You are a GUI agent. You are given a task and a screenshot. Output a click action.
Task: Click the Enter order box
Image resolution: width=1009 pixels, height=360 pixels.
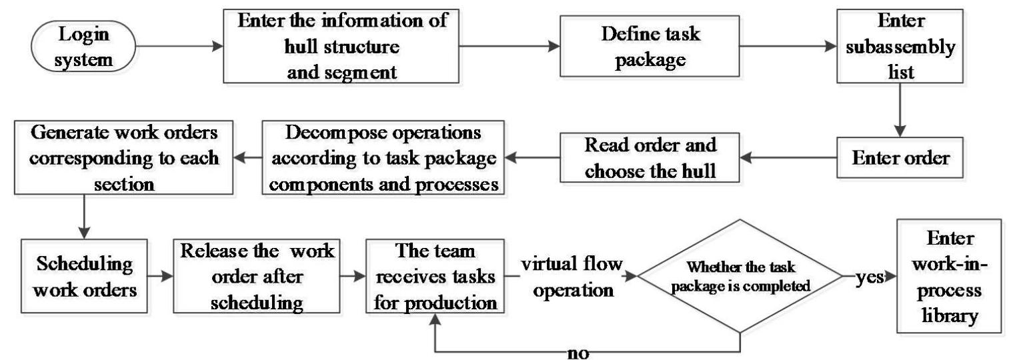pos(901,159)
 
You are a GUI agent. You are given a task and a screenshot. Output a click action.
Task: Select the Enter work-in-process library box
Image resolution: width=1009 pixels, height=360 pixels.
pos(949,275)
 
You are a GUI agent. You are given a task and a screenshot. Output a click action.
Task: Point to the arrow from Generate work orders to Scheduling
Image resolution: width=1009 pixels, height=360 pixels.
pos(85,214)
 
